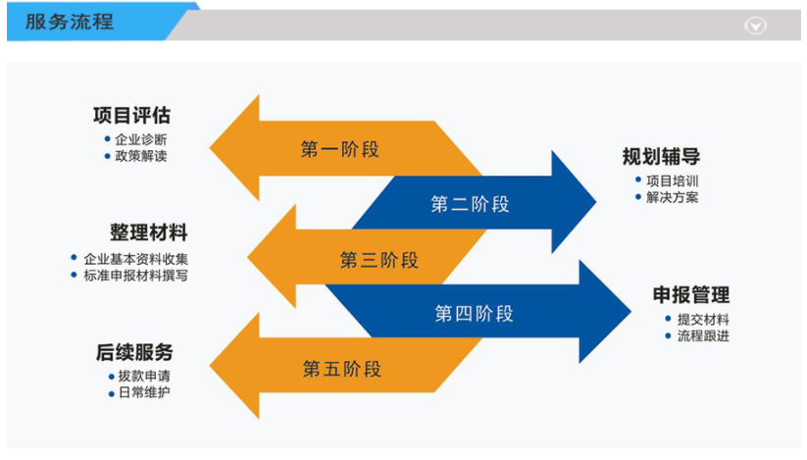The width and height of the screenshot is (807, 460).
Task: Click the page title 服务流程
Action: point(70,22)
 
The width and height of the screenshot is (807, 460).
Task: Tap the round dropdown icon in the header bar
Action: point(755,26)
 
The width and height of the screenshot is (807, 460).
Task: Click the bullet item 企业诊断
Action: point(140,139)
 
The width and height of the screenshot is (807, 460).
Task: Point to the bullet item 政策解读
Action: point(140,156)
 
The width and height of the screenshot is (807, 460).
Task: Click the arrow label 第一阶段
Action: point(339,149)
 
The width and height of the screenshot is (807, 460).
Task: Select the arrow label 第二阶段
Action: point(470,204)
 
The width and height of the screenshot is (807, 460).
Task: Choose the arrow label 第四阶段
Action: point(474,314)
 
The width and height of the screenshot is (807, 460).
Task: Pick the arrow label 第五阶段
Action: point(341,369)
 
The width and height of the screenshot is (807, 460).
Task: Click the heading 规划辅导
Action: point(661,157)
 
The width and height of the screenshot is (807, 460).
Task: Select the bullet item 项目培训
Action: point(673,180)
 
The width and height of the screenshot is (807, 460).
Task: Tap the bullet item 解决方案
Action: point(673,197)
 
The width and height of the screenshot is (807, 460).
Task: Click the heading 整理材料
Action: point(148,233)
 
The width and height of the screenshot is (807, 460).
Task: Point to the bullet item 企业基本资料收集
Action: point(135,259)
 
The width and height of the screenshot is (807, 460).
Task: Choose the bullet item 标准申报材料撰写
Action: point(135,276)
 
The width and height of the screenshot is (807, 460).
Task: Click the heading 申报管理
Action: point(691,295)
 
